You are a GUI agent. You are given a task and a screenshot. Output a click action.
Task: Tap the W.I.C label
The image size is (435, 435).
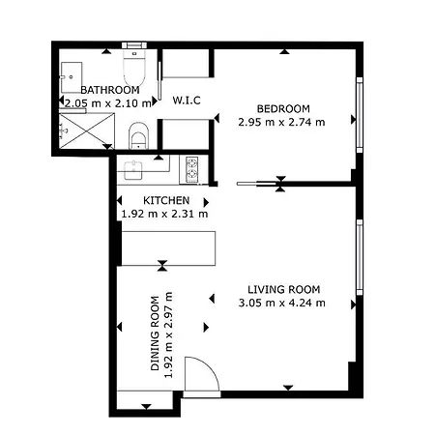coord(187,100)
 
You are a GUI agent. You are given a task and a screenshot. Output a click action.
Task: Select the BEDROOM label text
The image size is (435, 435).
coord(282,108)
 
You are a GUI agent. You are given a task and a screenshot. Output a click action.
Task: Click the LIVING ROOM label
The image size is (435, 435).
coord(283,289)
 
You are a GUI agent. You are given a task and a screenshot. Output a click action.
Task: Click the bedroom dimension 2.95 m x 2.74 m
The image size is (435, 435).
coord(282,122)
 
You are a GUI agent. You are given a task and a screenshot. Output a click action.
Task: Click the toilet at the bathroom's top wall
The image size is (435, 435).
coord(134,69)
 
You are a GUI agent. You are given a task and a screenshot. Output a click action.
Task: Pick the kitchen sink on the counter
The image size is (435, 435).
coord(132,170)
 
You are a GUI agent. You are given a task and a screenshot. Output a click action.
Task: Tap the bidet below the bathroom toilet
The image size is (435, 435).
coord(137,135)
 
